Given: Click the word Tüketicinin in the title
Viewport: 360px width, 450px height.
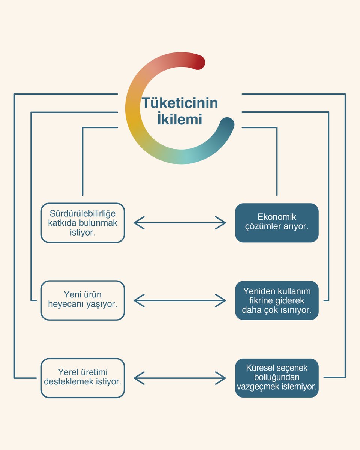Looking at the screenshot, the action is [180, 103].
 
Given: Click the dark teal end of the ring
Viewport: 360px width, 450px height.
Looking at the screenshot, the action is [227, 124].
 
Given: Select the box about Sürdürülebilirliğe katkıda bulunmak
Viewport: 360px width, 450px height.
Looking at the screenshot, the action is [82, 223].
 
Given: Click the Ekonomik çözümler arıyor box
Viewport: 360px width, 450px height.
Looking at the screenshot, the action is [277, 223].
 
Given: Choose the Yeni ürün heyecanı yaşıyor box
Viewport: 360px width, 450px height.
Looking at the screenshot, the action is [82, 300].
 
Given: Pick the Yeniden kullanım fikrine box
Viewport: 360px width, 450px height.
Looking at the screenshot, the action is [277, 300].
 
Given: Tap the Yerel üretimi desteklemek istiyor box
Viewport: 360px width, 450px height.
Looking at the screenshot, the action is [82, 378].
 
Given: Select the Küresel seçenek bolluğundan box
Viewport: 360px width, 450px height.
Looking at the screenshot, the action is [277, 378].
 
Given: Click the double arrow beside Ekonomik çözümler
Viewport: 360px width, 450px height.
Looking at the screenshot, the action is [180, 223].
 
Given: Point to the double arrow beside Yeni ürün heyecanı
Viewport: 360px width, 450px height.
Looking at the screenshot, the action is [180, 300].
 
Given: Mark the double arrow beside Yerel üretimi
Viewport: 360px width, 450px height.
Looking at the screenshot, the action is [180, 378].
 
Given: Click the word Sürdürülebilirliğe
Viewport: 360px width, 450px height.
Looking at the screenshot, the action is [82, 214].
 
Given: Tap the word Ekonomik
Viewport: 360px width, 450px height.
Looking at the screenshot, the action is [277, 217].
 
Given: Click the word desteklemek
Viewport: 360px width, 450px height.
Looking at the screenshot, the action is [69, 382].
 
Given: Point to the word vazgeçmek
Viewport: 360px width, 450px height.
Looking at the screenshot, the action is [258, 387].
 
